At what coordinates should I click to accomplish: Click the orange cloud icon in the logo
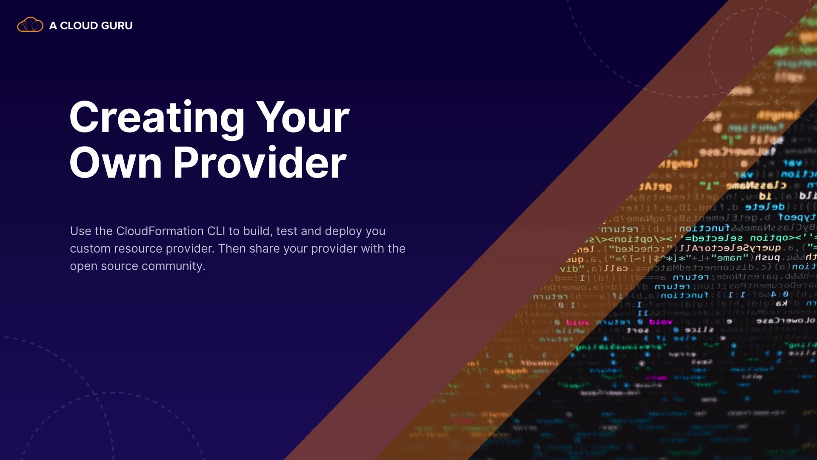point(30,25)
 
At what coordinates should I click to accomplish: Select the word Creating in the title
point(157,118)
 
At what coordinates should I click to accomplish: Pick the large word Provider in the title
point(260,163)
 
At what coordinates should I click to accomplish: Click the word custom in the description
point(91,248)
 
